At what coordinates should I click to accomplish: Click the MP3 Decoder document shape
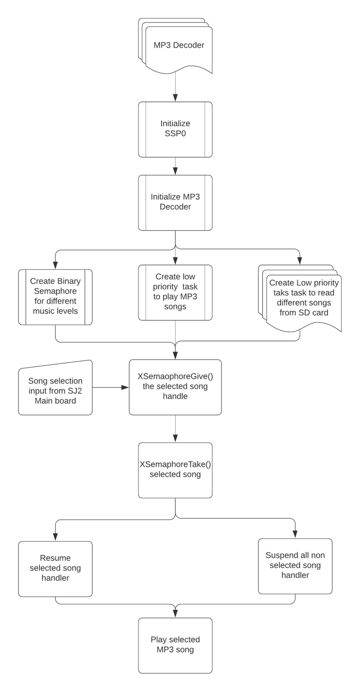tap(175, 46)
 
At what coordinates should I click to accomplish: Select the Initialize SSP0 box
tap(175, 129)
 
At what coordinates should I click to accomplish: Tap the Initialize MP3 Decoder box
tap(175, 203)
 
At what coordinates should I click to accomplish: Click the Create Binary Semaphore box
tap(55, 297)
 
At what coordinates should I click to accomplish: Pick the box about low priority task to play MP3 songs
tap(175, 292)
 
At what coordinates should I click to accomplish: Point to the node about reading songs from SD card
tap(300, 298)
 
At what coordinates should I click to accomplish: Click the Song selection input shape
tap(55, 388)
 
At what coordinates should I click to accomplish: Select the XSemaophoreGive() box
tap(175, 387)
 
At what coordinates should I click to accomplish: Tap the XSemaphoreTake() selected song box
tap(175, 470)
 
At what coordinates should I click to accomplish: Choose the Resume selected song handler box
tap(55, 569)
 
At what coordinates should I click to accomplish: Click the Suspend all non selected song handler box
tap(295, 566)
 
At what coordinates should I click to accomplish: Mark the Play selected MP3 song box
tap(175, 645)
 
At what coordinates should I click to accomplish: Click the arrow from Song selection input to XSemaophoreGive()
tap(111, 388)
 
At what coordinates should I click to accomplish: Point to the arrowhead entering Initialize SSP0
tap(175, 98)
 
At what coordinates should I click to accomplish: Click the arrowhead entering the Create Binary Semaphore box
tap(55, 266)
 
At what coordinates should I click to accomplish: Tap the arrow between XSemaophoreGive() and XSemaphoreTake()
tap(175, 429)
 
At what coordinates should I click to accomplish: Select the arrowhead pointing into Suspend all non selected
tap(295, 535)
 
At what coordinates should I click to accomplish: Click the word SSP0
tap(175, 134)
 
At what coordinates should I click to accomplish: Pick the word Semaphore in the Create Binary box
tap(55, 291)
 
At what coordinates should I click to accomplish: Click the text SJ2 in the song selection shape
tap(76, 391)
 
